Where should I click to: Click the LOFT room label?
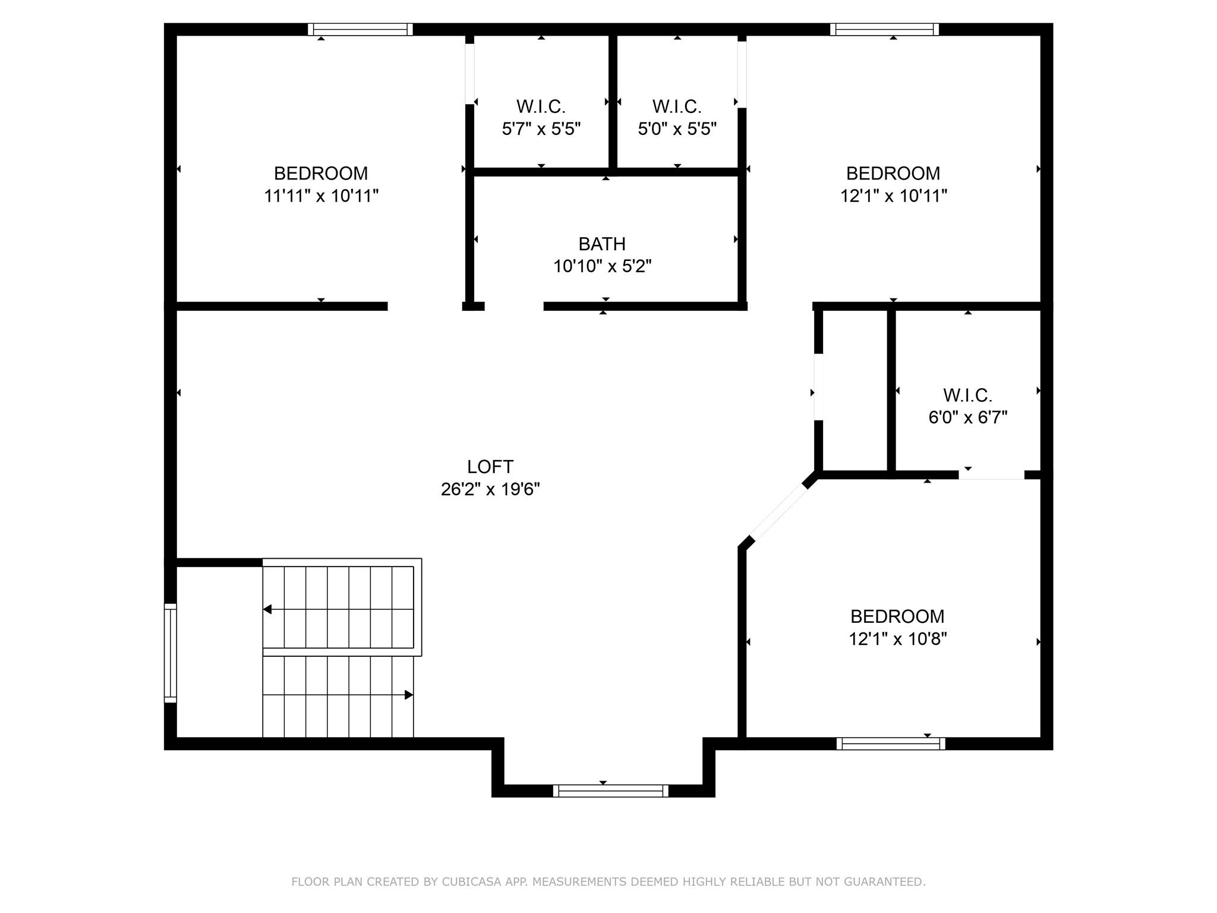(x=490, y=467)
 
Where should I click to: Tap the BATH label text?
(x=602, y=244)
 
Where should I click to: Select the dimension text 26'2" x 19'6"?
(x=490, y=489)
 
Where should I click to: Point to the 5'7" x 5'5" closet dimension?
(x=541, y=129)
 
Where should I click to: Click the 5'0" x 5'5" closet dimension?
(x=677, y=129)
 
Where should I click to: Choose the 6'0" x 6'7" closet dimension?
(x=967, y=417)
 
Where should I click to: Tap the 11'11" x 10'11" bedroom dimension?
(x=321, y=196)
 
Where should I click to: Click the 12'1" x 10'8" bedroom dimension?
(x=897, y=639)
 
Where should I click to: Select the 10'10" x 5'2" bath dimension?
(x=602, y=266)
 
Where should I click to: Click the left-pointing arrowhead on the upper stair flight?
(x=267, y=609)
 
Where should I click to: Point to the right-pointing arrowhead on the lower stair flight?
(x=409, y=695)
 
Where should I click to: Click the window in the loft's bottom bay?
(x=610, y=791)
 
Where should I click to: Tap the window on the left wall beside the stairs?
(x=171, y=653)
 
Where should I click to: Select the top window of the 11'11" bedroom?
(x=360, y=29)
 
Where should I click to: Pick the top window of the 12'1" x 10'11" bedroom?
(x=884, y=29)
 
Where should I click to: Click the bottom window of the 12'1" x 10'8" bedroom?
(x=890, y=744)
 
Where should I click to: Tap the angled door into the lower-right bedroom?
(x=779, y=512)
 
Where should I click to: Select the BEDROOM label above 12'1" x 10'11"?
(x=893, y=174)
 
